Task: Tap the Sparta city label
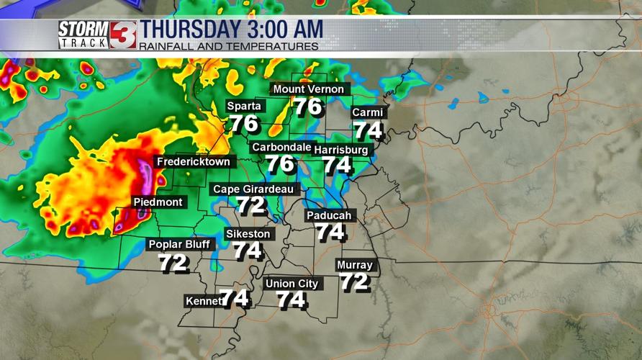tap(244, 106)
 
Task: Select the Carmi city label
tap(367, 113)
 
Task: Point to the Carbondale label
tap(281, 147)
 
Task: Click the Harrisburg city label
tap(341, 150)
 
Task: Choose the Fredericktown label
tap(193, 162)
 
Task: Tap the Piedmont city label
tap(158, 202)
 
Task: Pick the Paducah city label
tap(329, 216)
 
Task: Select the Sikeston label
tap(248, 234)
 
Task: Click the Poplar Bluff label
tap(179, 245)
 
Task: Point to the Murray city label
tap(354, 265)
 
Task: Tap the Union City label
tap(291, 284)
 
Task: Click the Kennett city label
tap(203, 301)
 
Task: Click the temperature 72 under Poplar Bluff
tap(173, 264)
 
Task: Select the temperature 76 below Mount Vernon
tap(307, 107)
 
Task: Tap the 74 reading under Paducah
tap(330, 232)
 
